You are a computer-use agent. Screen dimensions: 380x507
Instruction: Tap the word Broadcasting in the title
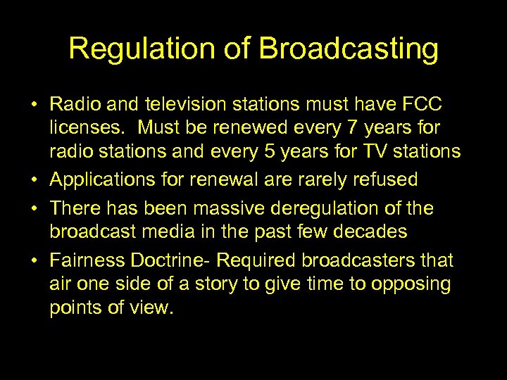pyautogui.click(x=349, y=49)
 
